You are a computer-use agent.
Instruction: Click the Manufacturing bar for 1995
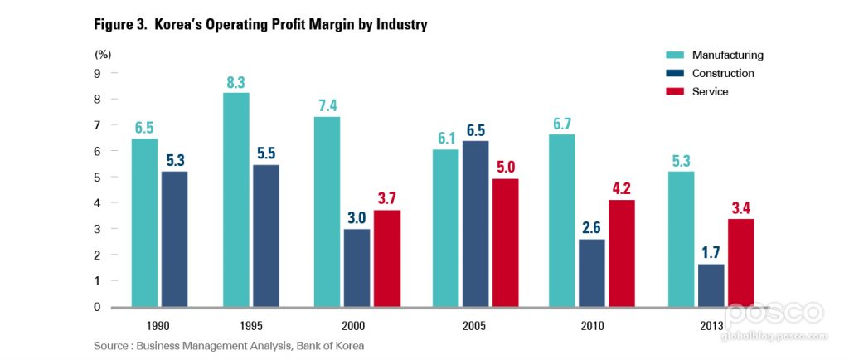[235, 199]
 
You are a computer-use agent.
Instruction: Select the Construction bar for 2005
[476, 224]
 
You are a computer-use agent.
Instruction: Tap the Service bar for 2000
[387, 258]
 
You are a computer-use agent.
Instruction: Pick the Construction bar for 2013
[711, 285]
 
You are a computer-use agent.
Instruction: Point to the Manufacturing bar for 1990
[144, 222]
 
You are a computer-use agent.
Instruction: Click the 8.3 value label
[235, 82]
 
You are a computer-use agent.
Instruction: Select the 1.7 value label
[711, 253]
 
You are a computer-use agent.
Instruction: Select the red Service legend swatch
[675, 91]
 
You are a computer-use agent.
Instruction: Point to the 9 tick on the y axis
[97, 73]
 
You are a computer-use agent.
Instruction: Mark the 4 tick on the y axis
[97, 203]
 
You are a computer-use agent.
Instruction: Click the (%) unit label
[103, 54]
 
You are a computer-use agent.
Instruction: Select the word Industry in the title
[400, 25]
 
